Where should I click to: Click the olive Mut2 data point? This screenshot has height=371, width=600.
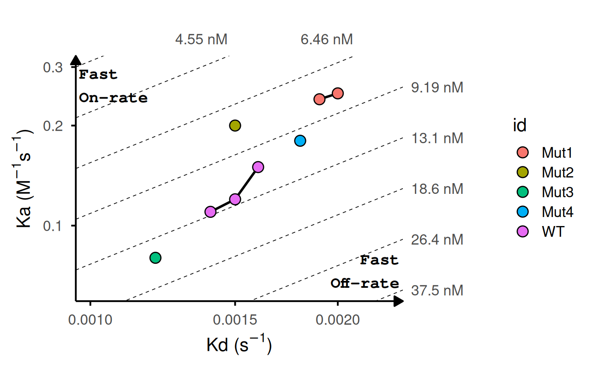[x=235, y=126]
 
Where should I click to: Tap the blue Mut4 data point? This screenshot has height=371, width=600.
[x=300, y=141]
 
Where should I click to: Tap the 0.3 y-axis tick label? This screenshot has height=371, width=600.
[x=53, y=67]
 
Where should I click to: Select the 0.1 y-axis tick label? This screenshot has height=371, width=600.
[x=53, y=226]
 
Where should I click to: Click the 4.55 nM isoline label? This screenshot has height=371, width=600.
[x=201, y=40]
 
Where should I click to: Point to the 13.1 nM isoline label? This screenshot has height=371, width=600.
[x=437, y=139]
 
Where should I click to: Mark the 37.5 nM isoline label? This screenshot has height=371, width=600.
[x=437, y=290]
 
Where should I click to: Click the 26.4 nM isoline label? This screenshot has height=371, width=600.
[x=437, y=239]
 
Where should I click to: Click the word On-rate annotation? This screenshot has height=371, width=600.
[x=113, y=98]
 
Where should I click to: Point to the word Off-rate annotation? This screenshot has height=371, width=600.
[x=364, y=284]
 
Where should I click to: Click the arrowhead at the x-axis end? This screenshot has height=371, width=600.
[x=399, y=301]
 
